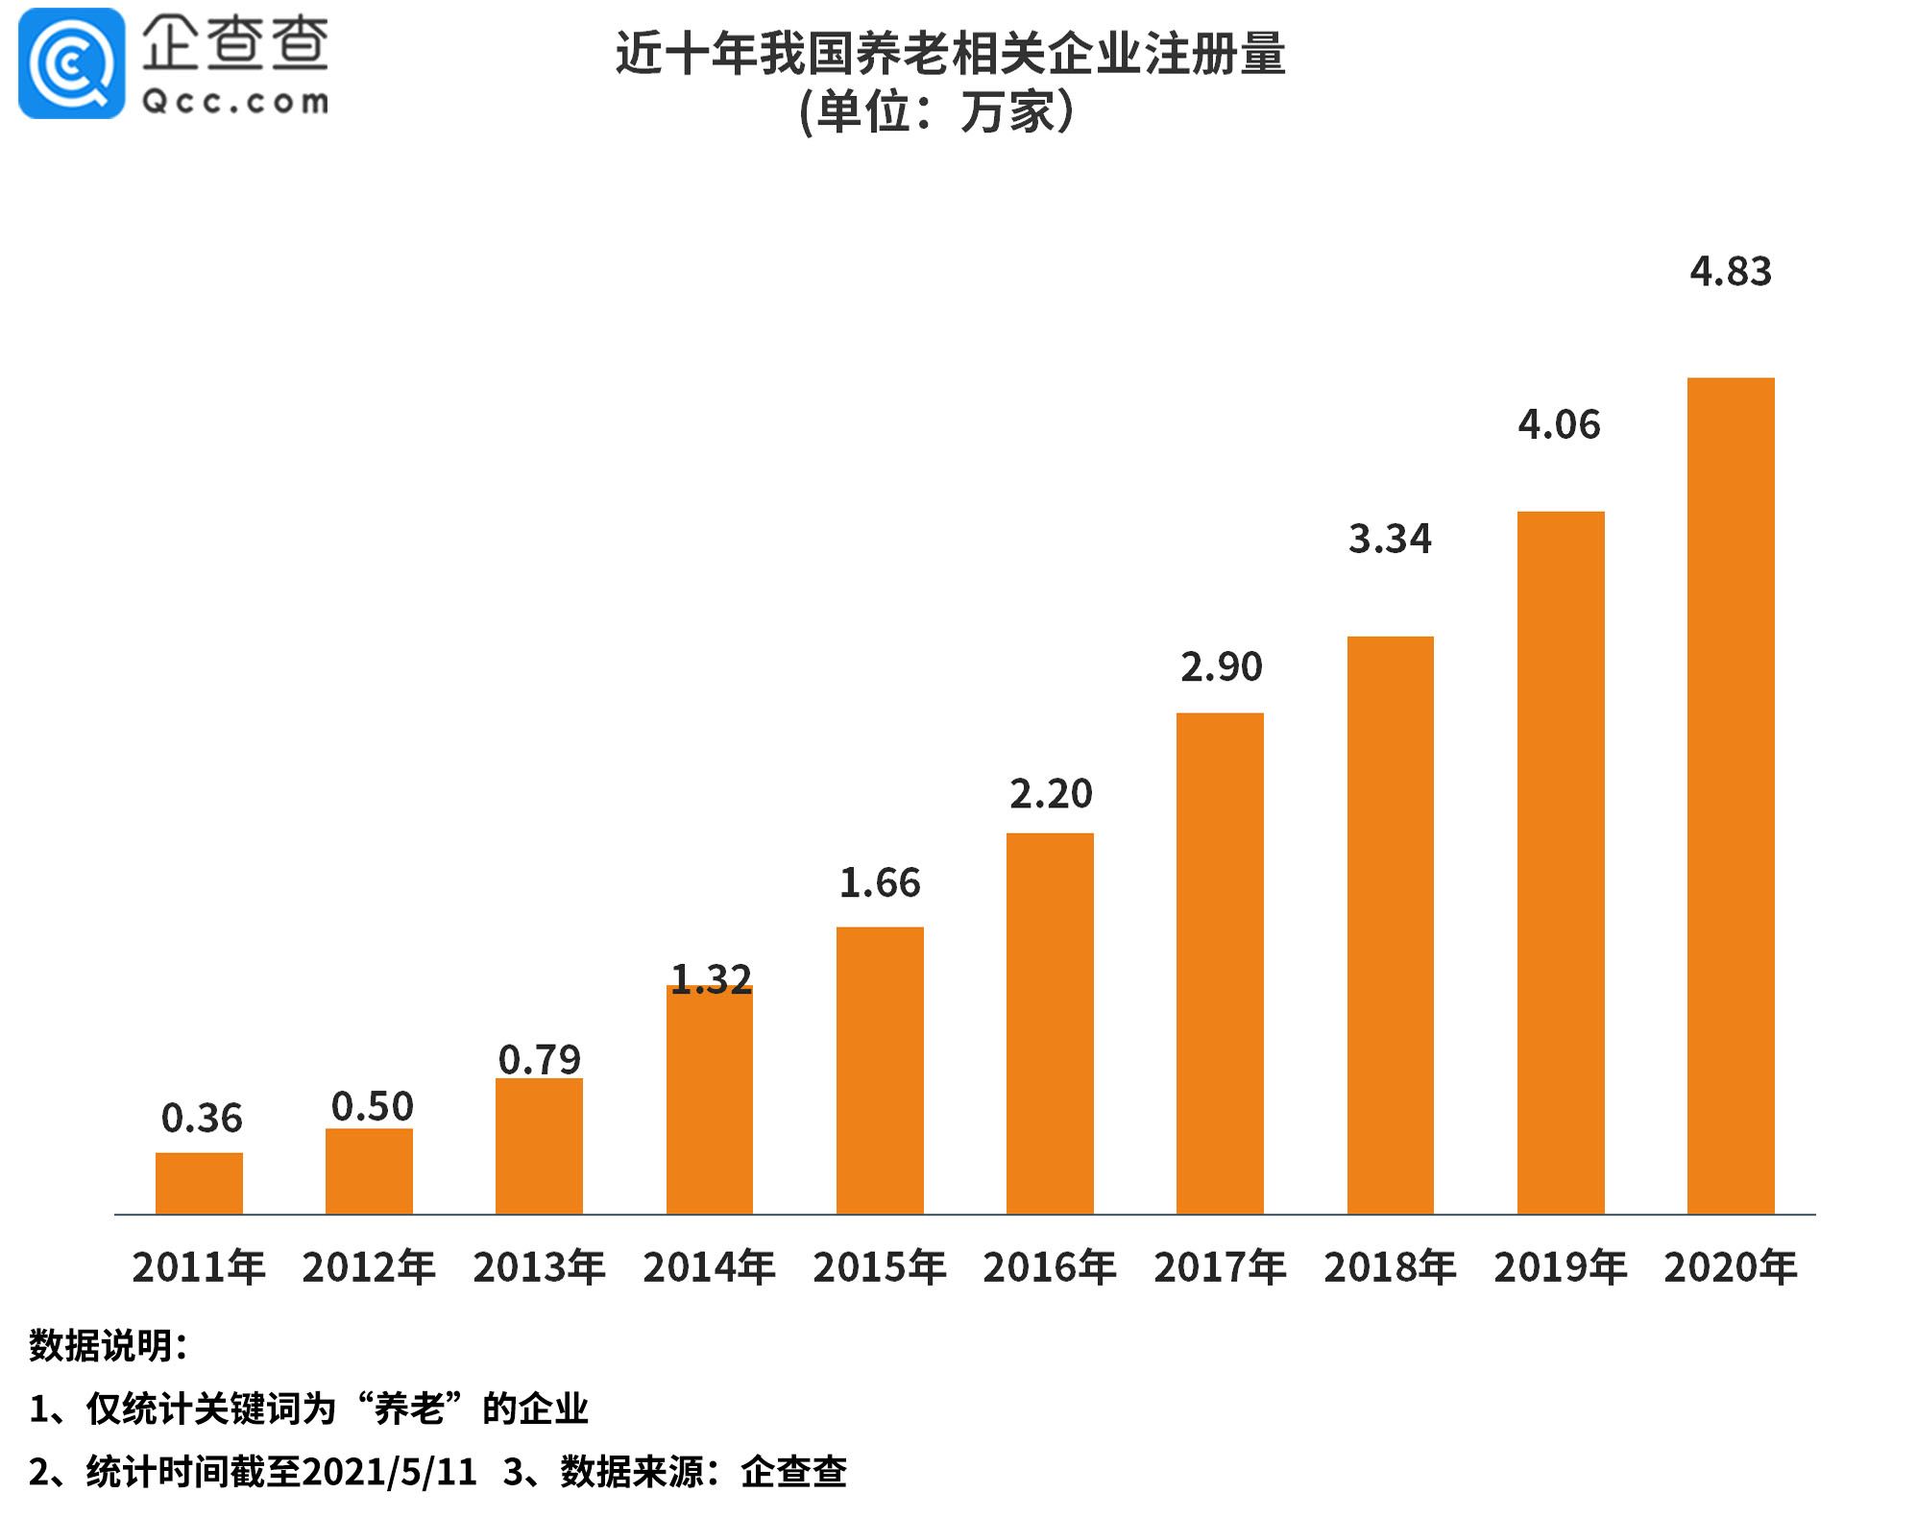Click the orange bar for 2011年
click(199, 1183)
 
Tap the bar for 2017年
click(1220, 963)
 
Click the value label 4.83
click(1731, 272)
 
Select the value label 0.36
click(202, 1119)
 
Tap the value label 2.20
click(1051, 794)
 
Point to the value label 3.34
click(1390, 539)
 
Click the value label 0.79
click(540, 1060)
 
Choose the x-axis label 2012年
click(369, 1267)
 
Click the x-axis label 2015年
click(880, 1267)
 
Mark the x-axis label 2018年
click(1390, 1267)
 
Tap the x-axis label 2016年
click(1050, 1267)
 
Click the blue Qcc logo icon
click(72, 63)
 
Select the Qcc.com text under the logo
click(235, 102)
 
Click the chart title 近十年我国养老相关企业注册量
click(950, 54)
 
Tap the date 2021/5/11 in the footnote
click(389, 1472)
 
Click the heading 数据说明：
click(108, 1345)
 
